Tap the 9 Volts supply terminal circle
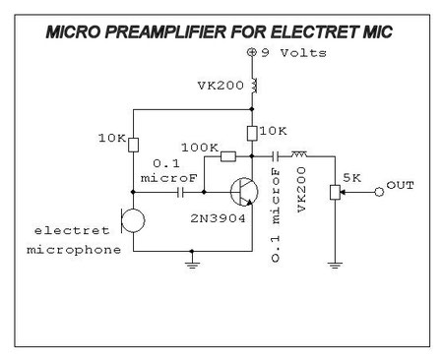[252, 51]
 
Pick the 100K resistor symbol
[228, 155]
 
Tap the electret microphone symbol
[131, 220]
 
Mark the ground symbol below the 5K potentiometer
[337, 264]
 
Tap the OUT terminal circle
[380, 192]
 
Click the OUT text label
[401, 186]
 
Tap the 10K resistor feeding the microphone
[133, 144]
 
